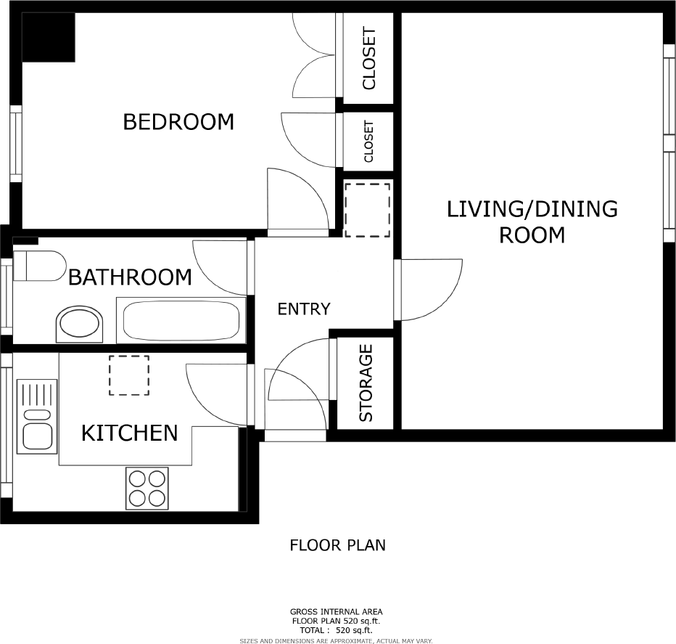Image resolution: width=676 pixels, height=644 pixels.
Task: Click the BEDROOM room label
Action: [178, 121]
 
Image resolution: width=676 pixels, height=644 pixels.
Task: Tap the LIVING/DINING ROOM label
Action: [532, 221]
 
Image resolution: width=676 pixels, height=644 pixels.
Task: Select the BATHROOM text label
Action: [130, 277]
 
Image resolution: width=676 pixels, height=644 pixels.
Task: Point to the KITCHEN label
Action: [129, 433]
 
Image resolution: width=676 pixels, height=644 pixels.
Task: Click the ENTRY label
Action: [304, 309]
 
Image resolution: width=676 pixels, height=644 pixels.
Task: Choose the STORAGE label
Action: [366, 383]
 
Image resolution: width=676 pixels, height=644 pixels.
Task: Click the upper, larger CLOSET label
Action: [369, 58]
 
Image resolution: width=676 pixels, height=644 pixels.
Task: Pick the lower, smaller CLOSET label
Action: [368, 142]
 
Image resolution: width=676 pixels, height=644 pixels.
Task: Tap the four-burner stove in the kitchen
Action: [147, 487]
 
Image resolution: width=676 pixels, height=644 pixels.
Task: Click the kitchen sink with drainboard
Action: [36, 417]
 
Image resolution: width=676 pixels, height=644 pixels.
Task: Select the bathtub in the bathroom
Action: [181, 320]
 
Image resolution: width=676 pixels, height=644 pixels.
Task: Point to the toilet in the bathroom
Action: [40, 265]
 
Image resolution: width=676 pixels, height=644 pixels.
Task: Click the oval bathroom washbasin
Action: [81, 324]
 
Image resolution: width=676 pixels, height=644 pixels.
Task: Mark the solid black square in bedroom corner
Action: [49, 37]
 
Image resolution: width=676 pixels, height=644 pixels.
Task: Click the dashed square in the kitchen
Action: [129, 375]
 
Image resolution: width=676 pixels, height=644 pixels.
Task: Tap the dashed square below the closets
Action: [367, 210]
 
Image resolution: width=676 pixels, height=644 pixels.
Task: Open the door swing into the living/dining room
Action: [430, 289]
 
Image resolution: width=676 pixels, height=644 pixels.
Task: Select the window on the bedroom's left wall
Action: [15, 143]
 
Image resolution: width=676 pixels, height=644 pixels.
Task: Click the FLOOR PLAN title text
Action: [337, 545]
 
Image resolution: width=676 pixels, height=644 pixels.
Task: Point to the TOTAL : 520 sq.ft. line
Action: [337, 631]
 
